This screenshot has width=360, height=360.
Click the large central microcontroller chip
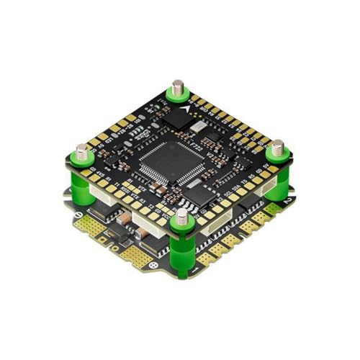click(x=167, y=160)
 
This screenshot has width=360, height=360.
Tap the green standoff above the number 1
click(x=181, y=241)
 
